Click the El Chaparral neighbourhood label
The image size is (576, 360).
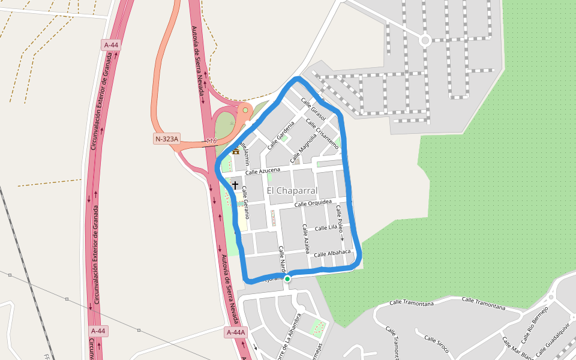click(x=292, y=190)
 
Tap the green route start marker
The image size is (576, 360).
click(x=287, y=278)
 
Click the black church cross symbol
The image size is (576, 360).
click(x=235, y=185)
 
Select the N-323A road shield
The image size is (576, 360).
click(x=167, y=139)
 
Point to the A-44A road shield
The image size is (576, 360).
click(x=236, y=332)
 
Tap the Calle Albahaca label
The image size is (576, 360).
click(x=332, y=253)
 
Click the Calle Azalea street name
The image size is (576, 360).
click(x=307, y=238)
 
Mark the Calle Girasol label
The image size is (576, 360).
click(x=313, y=109)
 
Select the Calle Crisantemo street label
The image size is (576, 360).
click(x=322, y=133)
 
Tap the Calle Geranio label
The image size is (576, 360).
click(x=245, y=201)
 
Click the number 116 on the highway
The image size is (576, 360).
click(x=211, y=141)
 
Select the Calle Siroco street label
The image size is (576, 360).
click(x=436, y=343)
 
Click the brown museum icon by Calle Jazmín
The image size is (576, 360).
click(x=236, y=151)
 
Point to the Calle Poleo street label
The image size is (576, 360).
click(x=340, y=218)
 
